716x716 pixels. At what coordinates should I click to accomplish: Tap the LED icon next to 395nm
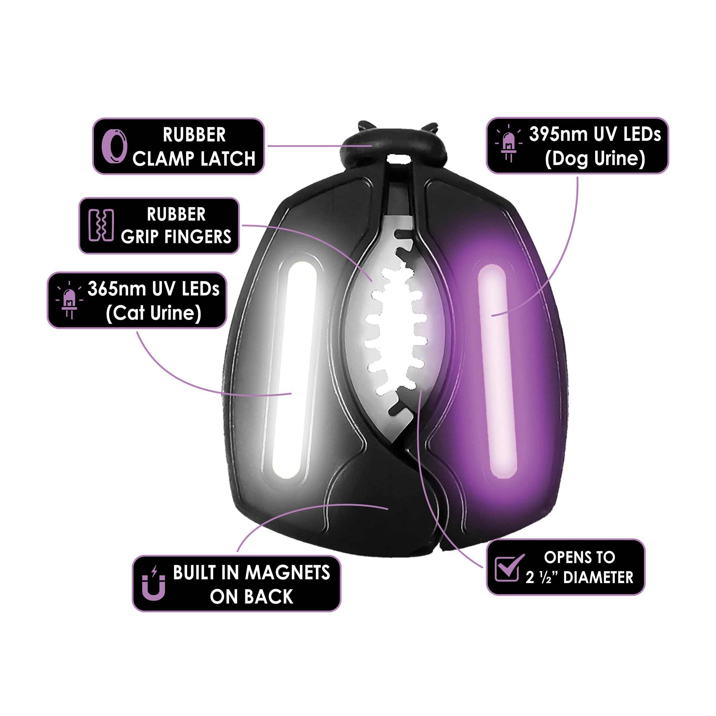click(x=509, y=145)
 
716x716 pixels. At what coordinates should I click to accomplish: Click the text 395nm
click(x=559, y=134)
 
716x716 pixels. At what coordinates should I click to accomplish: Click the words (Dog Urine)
click(x=595, y=158)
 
